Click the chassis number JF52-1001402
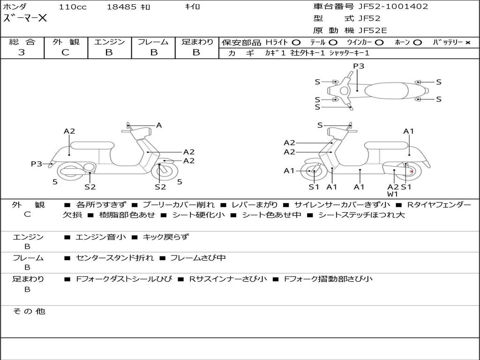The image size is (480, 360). pyautogui.click(x=393, y=7)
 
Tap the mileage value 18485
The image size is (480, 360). pyautogui.click(x=121, y=7)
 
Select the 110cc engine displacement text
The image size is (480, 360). pyautogui.click(x=73, y=7)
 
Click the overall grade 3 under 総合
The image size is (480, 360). pyautogui.click(x=22, y=52)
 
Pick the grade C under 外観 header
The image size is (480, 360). pyautogui.click(x=65, y=52)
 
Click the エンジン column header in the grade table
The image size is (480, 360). pyautogui.click(x=109, y=42)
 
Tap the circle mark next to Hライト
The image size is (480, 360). pyautogui.click(x=296, y=43)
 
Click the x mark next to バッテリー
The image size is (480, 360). pyautogui.click(x=468, y=43)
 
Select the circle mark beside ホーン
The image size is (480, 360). pyautogui.click(x=417, y=43)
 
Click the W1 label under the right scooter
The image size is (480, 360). pyautogui.click(x=392, y=194)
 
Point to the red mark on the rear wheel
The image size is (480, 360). pyautogui.click(x=412, y=172)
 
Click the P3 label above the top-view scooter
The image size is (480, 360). pyautogui.click(x=359, y=66)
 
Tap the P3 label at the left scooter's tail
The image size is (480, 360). pyautogui.click(x=37, y=164)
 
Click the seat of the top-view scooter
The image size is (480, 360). pyautogui.click(x=386, y=90)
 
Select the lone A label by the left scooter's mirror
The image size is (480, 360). pyautogui.click(x=159, y=125)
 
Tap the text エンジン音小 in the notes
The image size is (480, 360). pyautogui.click(x=101, y=237)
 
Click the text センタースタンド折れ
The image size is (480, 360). pyautogui.click(x=115, y=258)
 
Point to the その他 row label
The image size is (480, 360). pyautogui.click(x=29, y=311)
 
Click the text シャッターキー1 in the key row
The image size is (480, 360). pyautogui.click(x=349, y=53)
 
